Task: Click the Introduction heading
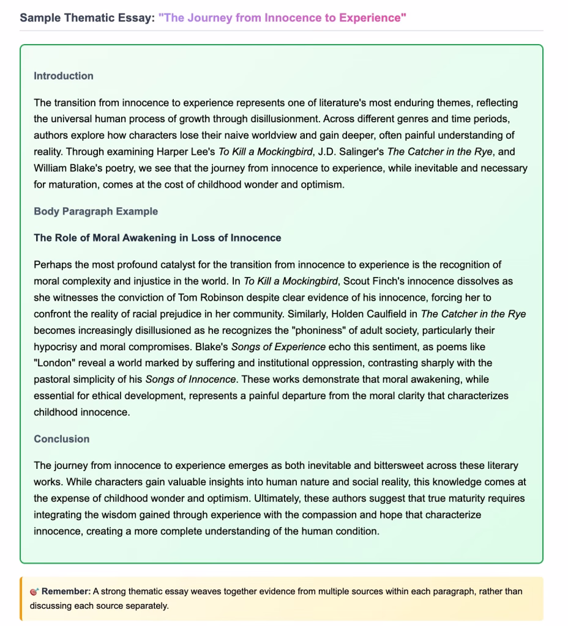64,76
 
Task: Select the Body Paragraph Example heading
95,212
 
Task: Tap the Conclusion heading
61,439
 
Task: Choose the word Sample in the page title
41,17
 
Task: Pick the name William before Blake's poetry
53,168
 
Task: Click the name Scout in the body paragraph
362,281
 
